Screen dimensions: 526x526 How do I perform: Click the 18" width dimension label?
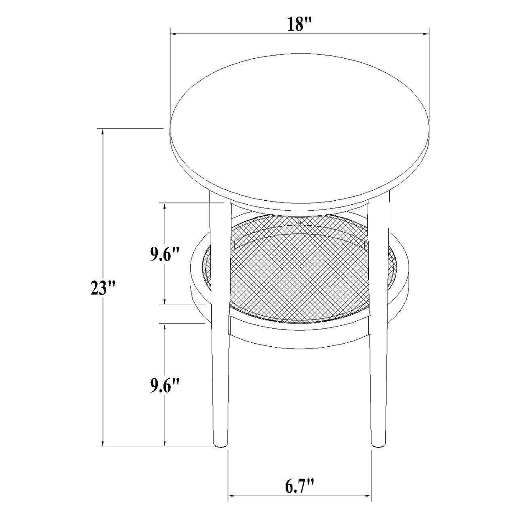299,25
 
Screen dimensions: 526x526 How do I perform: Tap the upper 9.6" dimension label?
165,255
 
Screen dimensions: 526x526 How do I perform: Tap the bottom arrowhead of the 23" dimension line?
103,443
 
